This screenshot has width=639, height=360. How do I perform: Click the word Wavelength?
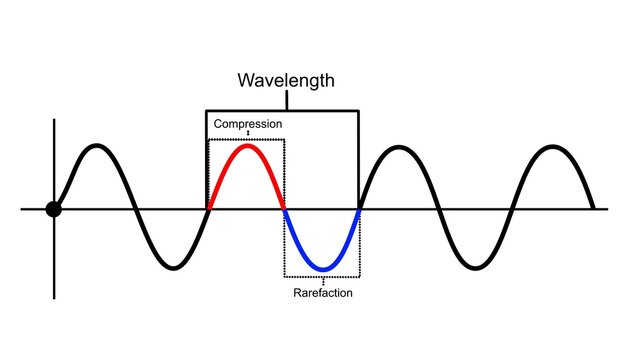click(x=285, y=79)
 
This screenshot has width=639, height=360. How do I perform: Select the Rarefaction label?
click(x=322, y=293)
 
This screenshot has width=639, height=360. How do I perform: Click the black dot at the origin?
click(x=54, y=209)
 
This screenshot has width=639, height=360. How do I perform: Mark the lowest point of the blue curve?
click(x=322, y=269)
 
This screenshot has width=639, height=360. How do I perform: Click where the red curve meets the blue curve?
click(x=284, y=210)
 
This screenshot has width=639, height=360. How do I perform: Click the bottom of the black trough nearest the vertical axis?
click(x=172, y=268)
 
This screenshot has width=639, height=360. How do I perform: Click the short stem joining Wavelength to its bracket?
click(x=286, y=100)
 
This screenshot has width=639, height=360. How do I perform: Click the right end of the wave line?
click(x=594, y=208)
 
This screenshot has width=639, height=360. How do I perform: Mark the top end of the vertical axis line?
click(x=54, y=121)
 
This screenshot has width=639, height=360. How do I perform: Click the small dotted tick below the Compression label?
click(x=247, y=133)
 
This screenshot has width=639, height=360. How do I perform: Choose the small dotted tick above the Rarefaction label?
click(x=322, y=282)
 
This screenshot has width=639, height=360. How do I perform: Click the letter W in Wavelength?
click(x=246, y=79)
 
